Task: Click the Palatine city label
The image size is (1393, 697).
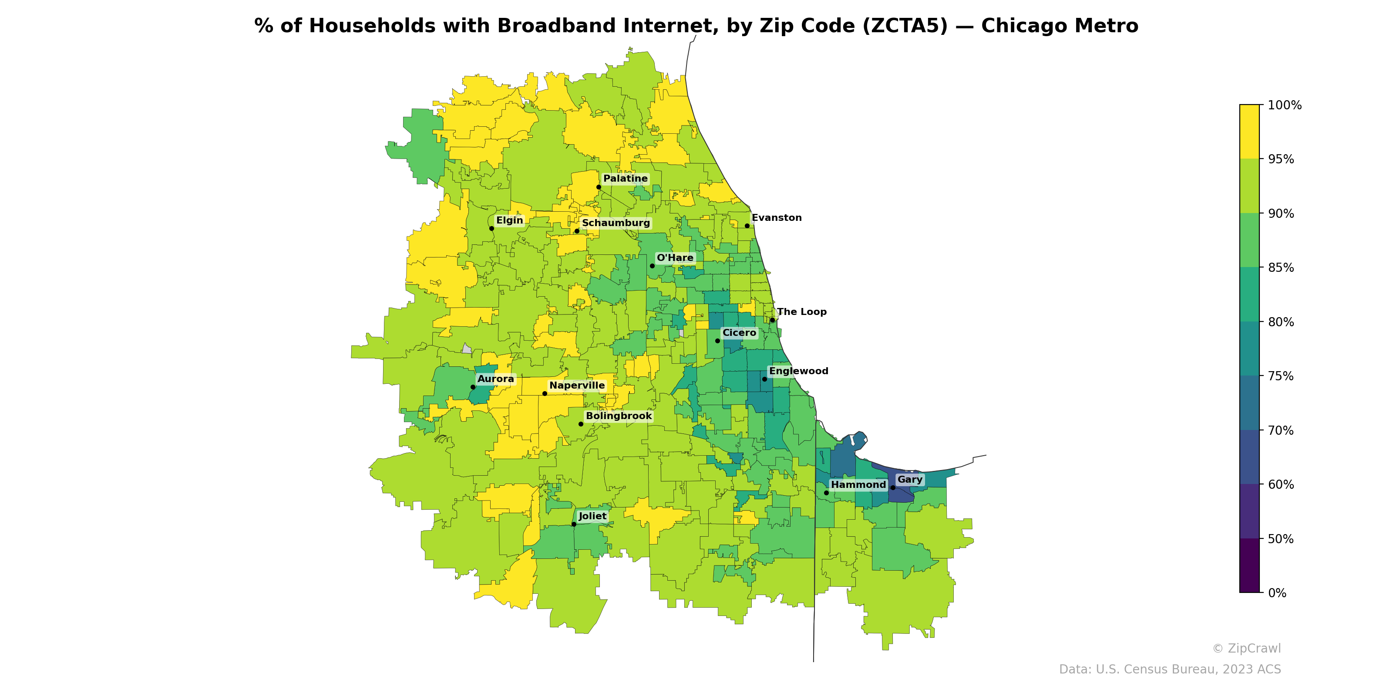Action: (x=625, y=179)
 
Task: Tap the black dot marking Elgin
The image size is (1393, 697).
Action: (x=491, y=228)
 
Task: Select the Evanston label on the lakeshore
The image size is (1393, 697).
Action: (x=777, y=218)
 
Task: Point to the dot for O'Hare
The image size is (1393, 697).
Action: (x=652, y=266)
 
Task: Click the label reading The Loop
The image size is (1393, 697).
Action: (x=801, y=312)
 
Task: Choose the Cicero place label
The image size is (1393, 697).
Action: (x=739, y=333)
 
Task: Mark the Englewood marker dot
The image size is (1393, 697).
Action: (x=765, y=379)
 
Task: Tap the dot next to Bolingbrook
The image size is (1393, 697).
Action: (x=581, y=424)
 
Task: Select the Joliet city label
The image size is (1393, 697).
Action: (x=592, y=516)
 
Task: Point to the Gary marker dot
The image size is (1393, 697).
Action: (x=893, y=487)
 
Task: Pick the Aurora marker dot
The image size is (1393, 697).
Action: (x=473, y=387)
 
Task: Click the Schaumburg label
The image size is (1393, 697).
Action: (x=616, y=223)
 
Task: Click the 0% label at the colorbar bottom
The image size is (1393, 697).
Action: (x=1277, y=593)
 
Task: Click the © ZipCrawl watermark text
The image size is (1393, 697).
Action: (x=1246, y=648)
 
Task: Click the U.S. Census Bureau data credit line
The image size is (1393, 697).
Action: (x=1170, y=670)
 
